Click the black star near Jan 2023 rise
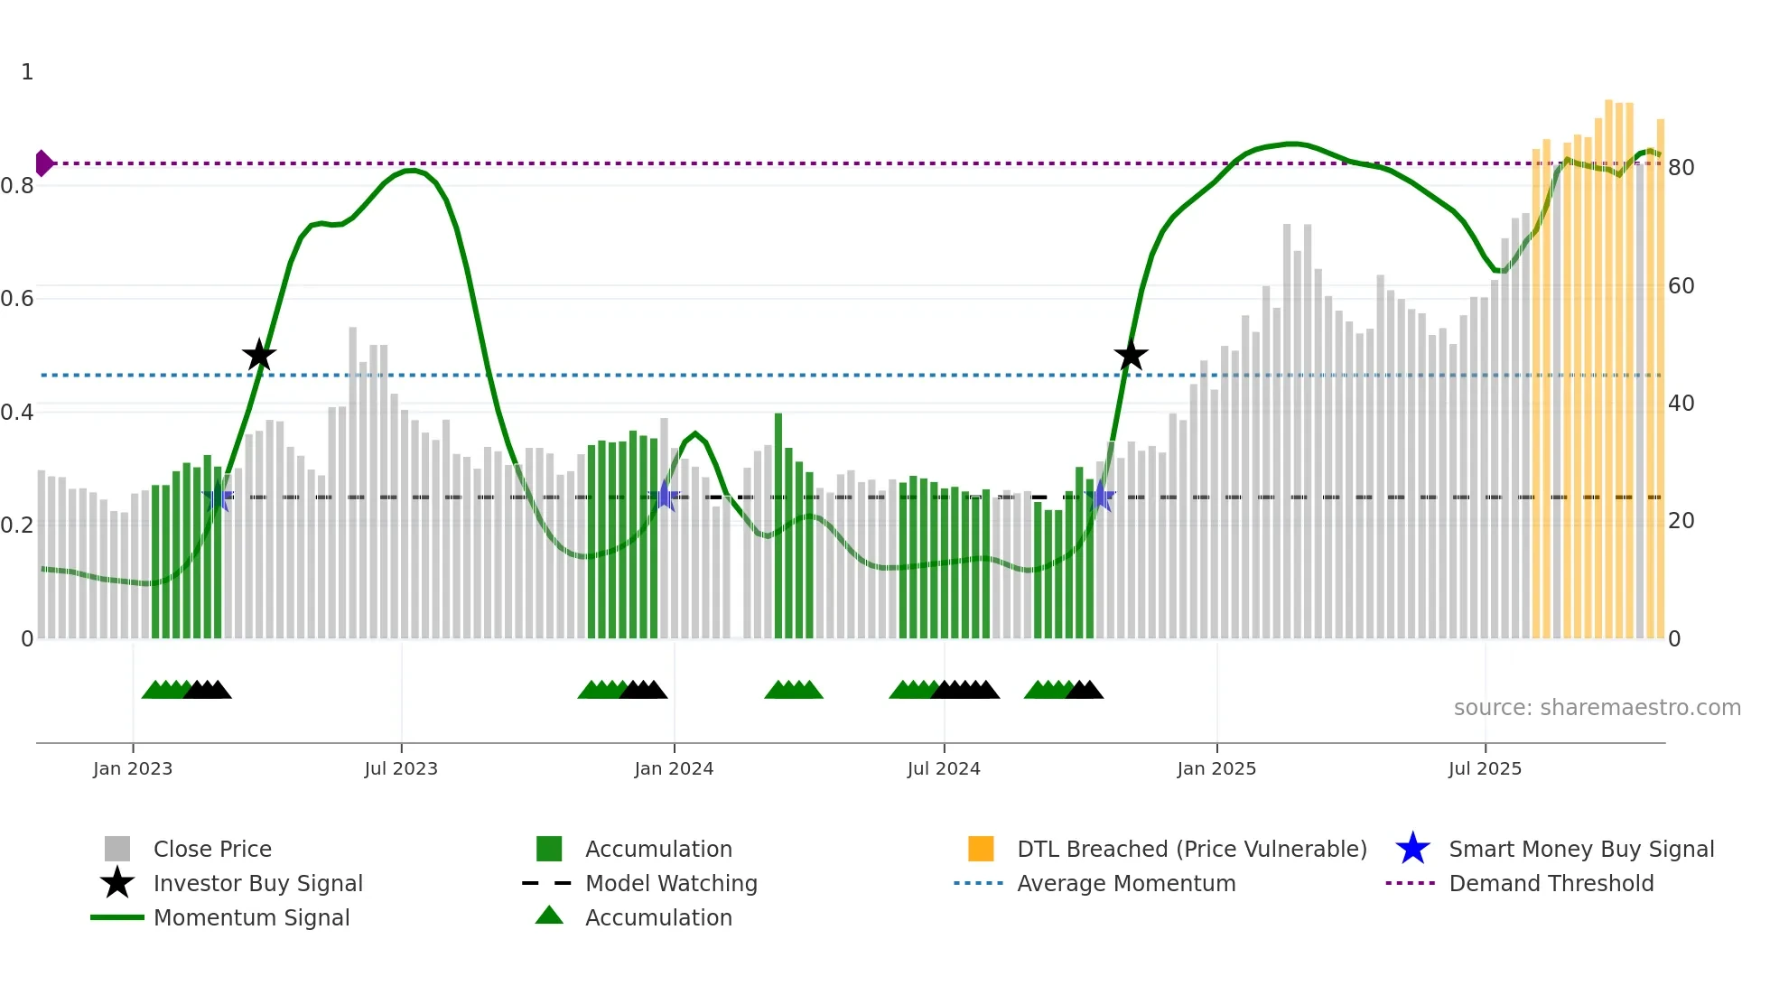tap(259, 356)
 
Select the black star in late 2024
tap(1131, 356)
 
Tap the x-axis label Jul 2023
tap(401, 768)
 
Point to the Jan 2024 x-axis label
tap(674, 768)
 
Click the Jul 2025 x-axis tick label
tap(1485, 768)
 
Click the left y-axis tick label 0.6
tap(17, 299)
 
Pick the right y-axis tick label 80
tap(1681, 168)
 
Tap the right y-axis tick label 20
tap(1681, 521)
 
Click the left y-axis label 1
tap(27, 72)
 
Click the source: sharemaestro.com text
tap(1597, 708)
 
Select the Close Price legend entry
tap(211, 849)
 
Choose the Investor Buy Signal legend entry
tap(257, 883)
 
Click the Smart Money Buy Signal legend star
tap(1412, 849)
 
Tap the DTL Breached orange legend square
tap(981, 849)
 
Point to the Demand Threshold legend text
tap(1551, 883)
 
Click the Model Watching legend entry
tap(670, 883)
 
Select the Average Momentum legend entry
tap(1125, 883)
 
